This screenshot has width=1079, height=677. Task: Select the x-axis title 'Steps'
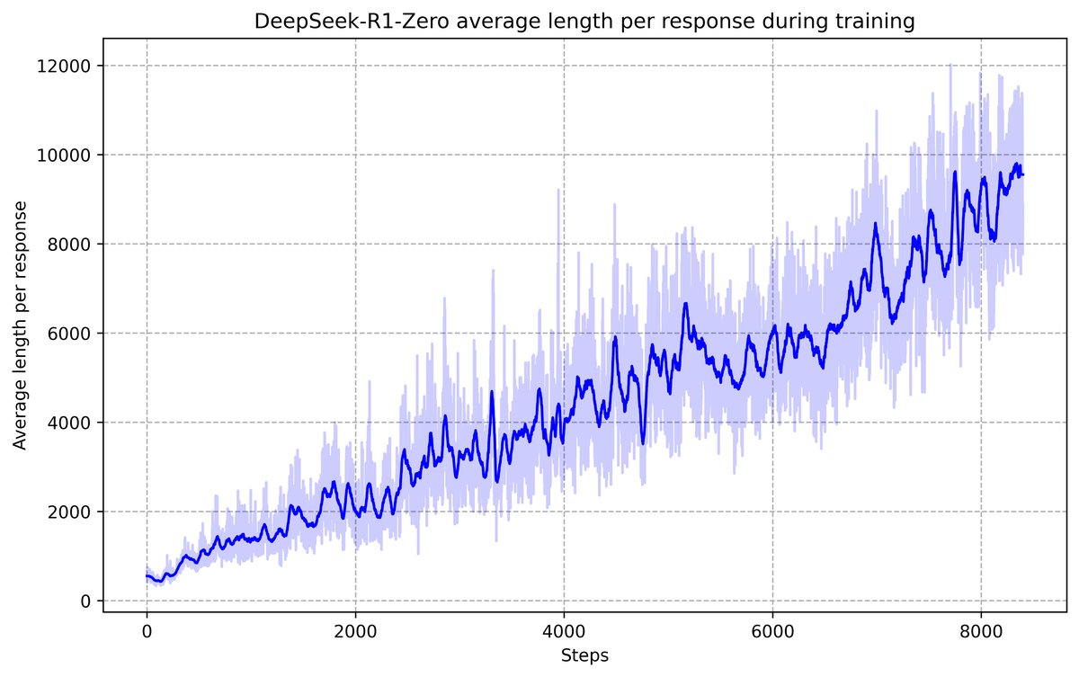click(584, 656)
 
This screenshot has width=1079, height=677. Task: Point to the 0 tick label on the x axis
click(147, 632)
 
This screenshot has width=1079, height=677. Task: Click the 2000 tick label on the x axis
click(355, 632)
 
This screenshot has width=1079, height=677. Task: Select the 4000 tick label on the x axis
click(564, 632)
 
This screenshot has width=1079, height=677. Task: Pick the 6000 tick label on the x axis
click(772, 632)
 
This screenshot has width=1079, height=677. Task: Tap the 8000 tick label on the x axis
click(981, 632)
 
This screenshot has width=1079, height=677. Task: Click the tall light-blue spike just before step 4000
click(558, 193)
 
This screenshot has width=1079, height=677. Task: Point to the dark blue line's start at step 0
click(147, 576)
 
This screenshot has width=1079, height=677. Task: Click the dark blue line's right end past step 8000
click(1022, 174)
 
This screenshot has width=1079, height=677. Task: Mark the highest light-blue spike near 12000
click(950, 66)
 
